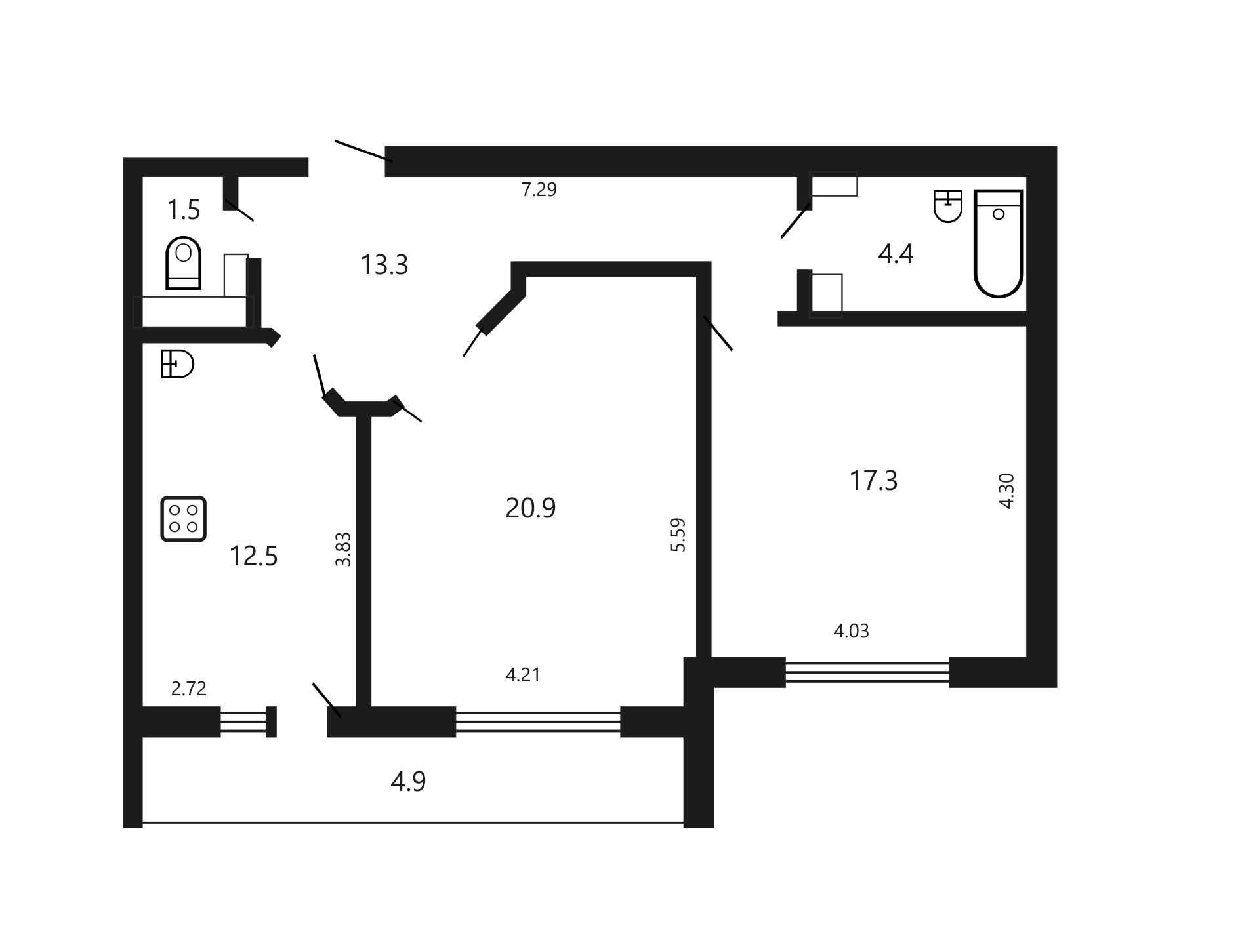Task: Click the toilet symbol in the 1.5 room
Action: [184, 263]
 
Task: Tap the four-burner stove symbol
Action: [184, 519]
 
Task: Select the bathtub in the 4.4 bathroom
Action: [999, 243]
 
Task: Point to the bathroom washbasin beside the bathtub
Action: [947, 206]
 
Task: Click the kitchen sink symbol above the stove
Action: [177, 364]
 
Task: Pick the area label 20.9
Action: [530, 508]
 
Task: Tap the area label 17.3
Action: [873, 481]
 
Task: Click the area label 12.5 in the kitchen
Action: [253, 556]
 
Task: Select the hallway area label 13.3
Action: [384, 265]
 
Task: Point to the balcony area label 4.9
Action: [408, 782]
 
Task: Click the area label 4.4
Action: [896, 254]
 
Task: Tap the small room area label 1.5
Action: [183, 210]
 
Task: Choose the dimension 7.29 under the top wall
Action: [539, 190]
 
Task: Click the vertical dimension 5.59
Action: [678, 535]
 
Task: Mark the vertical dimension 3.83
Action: [343, 549]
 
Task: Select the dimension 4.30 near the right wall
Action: [1006, 491]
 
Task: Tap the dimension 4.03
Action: [851, 631]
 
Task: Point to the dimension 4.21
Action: [523, 675]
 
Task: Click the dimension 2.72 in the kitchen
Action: [189, 689]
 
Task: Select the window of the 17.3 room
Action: [867, 672]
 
